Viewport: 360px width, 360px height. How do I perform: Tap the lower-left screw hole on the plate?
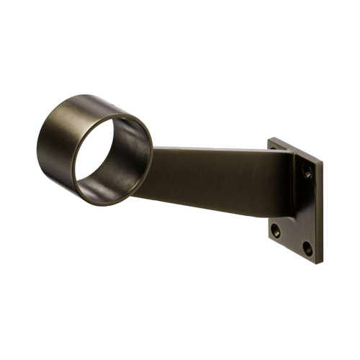point(275,231)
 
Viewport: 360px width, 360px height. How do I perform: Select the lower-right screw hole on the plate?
point(307,248)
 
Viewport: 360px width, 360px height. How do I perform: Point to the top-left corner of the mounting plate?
point(269,139)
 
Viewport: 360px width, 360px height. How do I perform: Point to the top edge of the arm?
point(216,150)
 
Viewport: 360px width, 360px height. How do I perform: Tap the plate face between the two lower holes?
point(292,240)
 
